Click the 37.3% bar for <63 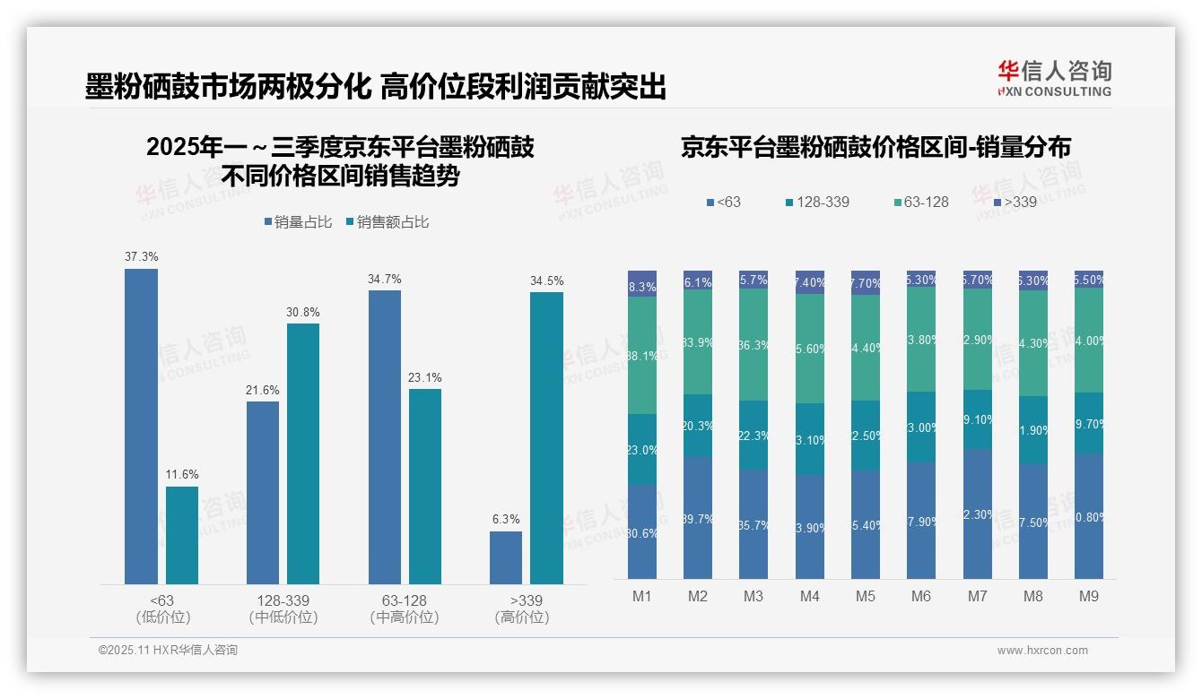pos(141,427)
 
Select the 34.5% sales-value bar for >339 pos(546,438)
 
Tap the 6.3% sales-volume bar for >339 pos(506,557)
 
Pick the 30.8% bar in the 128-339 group pos(303,453)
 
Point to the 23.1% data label pos(424,377)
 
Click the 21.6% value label pos(263,390)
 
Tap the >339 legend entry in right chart pos(1014,202)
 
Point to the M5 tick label pos(866,596)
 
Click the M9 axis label pos(1088,596)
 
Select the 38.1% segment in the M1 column pos(642,355)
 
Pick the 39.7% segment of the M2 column pos(698,518)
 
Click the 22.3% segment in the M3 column pos(753,436)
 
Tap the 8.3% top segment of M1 pos(642,283)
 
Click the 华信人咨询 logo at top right pos(1054,78)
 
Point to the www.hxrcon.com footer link pos(1042,651)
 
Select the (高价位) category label pos(521,617)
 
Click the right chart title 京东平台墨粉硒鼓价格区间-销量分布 pos(875,148)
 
